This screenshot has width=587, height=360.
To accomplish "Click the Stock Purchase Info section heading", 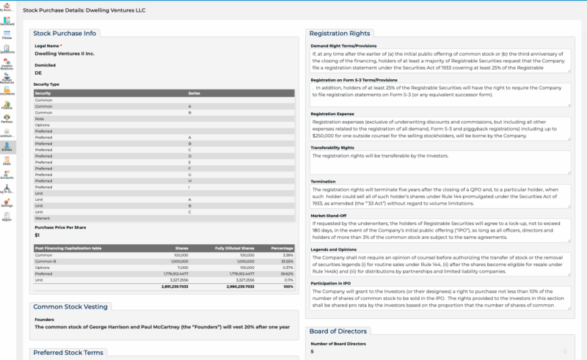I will pos(65,33).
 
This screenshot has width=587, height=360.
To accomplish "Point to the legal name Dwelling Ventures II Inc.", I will pos(65,54).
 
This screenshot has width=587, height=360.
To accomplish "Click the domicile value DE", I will pos(39,73).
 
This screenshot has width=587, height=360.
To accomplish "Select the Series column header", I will pos(194,93).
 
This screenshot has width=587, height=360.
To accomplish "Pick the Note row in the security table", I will pos(40,118).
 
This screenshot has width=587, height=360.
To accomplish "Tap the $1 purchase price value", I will pos(37,235).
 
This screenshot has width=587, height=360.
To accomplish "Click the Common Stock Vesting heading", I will pos(70,306).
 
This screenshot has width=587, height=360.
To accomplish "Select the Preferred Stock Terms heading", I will pos(68,353).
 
